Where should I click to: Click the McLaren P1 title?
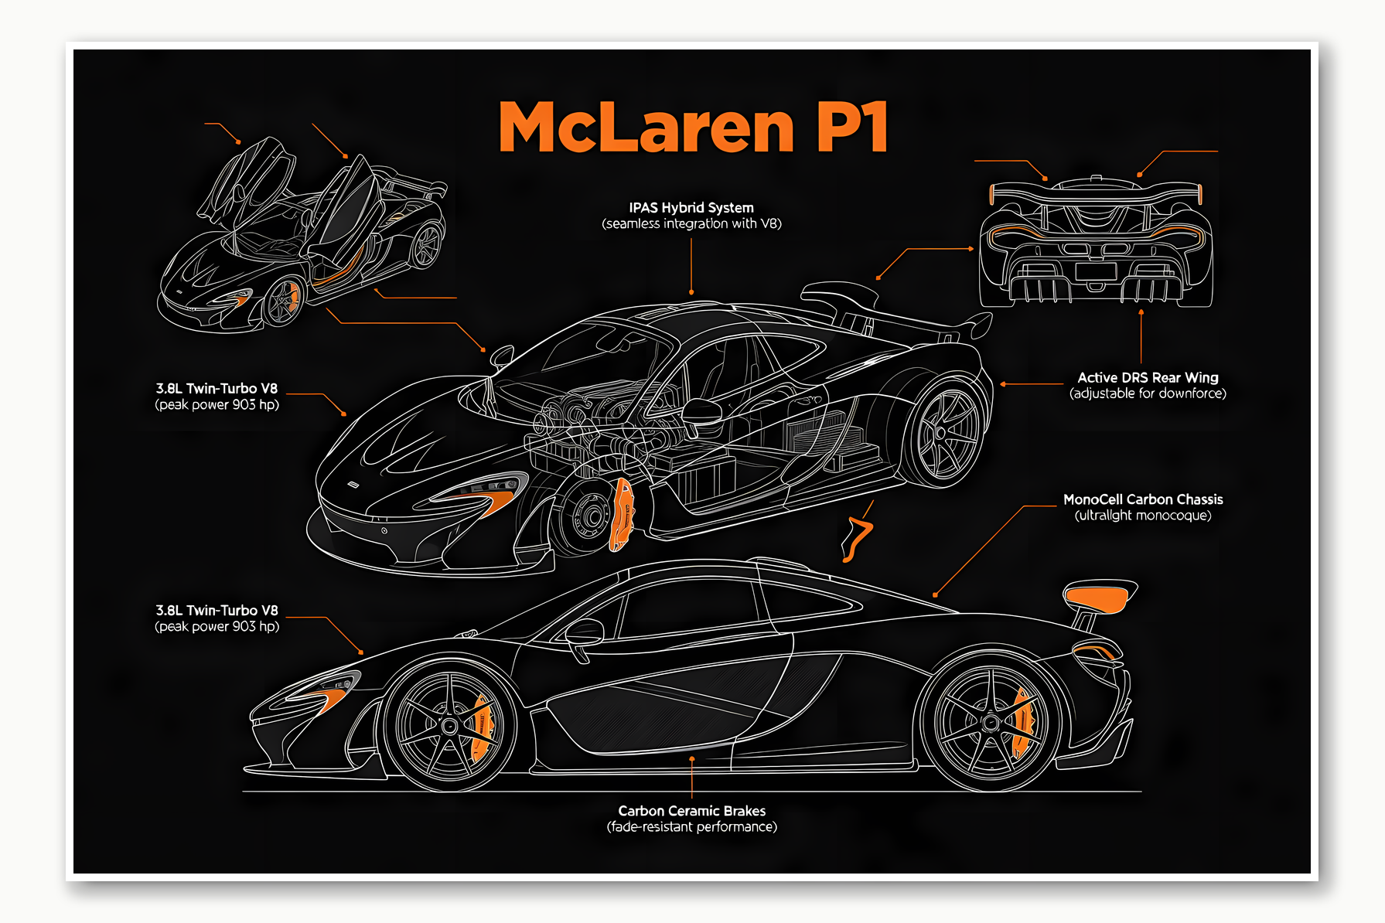(x=692, y=127)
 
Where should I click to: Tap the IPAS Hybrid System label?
(x=691, y=207)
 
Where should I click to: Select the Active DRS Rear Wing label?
(x=1148, y=377)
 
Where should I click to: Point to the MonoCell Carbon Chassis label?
(x=1143, y=499)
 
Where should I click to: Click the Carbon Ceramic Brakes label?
(x=691, y=810)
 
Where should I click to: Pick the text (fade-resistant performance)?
(x=691, y=827)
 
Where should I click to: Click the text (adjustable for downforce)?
(x=1148, y=393)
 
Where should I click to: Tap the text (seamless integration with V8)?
(x=691, y=224)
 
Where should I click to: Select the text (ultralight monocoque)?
(x=1143, y=516)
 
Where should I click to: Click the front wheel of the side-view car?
(x=449, y=725)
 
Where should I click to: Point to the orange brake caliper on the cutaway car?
(x=620, y=513)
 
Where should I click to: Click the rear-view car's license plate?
(x=1095, y=271)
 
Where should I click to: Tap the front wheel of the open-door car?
(x=283, y=300)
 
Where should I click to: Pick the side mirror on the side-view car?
(x=585, y=633)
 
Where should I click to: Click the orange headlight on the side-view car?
(x=329, y=699)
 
